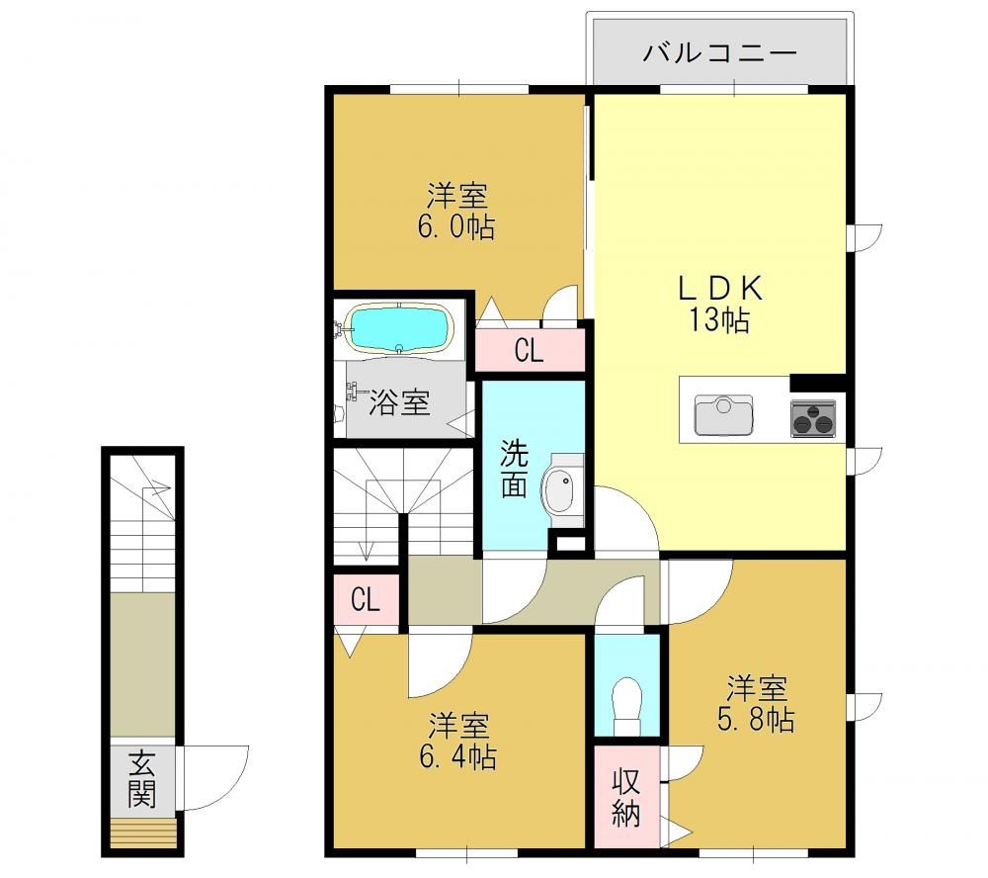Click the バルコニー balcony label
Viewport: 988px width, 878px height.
pos(720,51)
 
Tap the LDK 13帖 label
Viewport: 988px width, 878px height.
pos(719,304)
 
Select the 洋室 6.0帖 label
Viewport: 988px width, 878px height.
pos(456,211)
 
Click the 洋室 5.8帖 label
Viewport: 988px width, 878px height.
pos(756,703)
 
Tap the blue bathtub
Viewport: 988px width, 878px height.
pos(401,328)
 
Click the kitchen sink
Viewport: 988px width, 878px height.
pos(723,415)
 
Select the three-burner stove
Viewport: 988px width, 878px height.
pos(813,418)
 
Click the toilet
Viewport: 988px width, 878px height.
pos(626,705)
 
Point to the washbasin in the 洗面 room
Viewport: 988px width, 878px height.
pos(559,490)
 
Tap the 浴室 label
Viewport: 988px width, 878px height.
pos(399,401)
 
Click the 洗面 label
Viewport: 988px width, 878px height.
pos(514,469)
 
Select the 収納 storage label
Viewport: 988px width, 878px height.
pos(625,798)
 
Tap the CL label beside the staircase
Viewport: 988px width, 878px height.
pos(366,599)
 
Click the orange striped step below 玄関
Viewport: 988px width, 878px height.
pos(143,833)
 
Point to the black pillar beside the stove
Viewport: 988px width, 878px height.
pos(817,383)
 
